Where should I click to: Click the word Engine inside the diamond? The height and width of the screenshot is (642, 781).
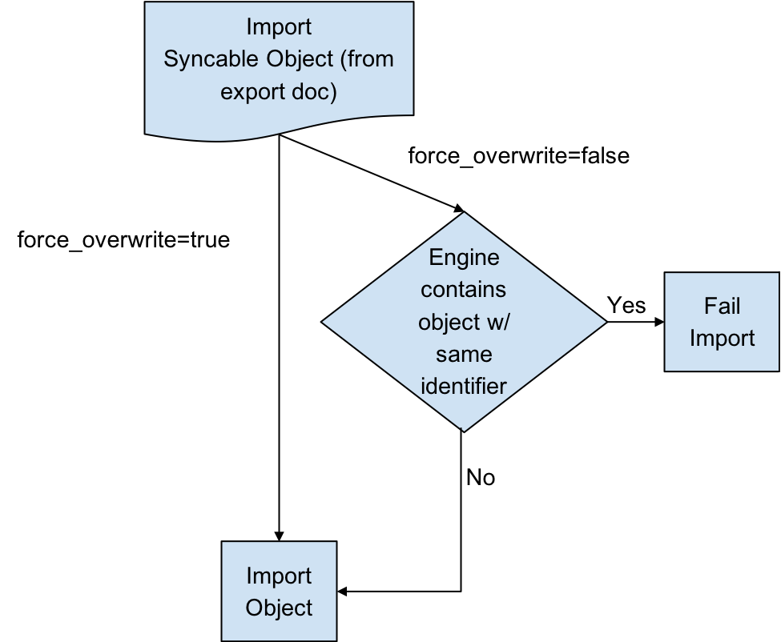(464, 257)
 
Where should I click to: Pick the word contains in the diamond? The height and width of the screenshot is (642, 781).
(464, 289)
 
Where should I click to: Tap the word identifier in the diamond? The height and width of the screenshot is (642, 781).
(464, 386)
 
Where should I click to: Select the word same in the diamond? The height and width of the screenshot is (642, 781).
(464, 353)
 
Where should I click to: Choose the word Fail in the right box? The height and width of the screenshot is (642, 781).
(722, 306)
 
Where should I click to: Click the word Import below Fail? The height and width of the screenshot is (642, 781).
(722, 338)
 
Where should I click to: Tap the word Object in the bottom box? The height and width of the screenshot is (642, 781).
(279, 608)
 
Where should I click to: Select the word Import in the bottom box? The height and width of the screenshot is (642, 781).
(279, 576)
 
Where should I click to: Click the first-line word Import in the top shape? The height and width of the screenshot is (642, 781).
(279, 26)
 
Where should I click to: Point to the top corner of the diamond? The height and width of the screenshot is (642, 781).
(464, 214)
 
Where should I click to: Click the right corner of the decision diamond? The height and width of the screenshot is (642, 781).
(605, 322)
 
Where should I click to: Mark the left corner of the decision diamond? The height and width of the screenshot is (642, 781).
(324, 322)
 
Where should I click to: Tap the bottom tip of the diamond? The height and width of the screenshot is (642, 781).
(464, 429)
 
